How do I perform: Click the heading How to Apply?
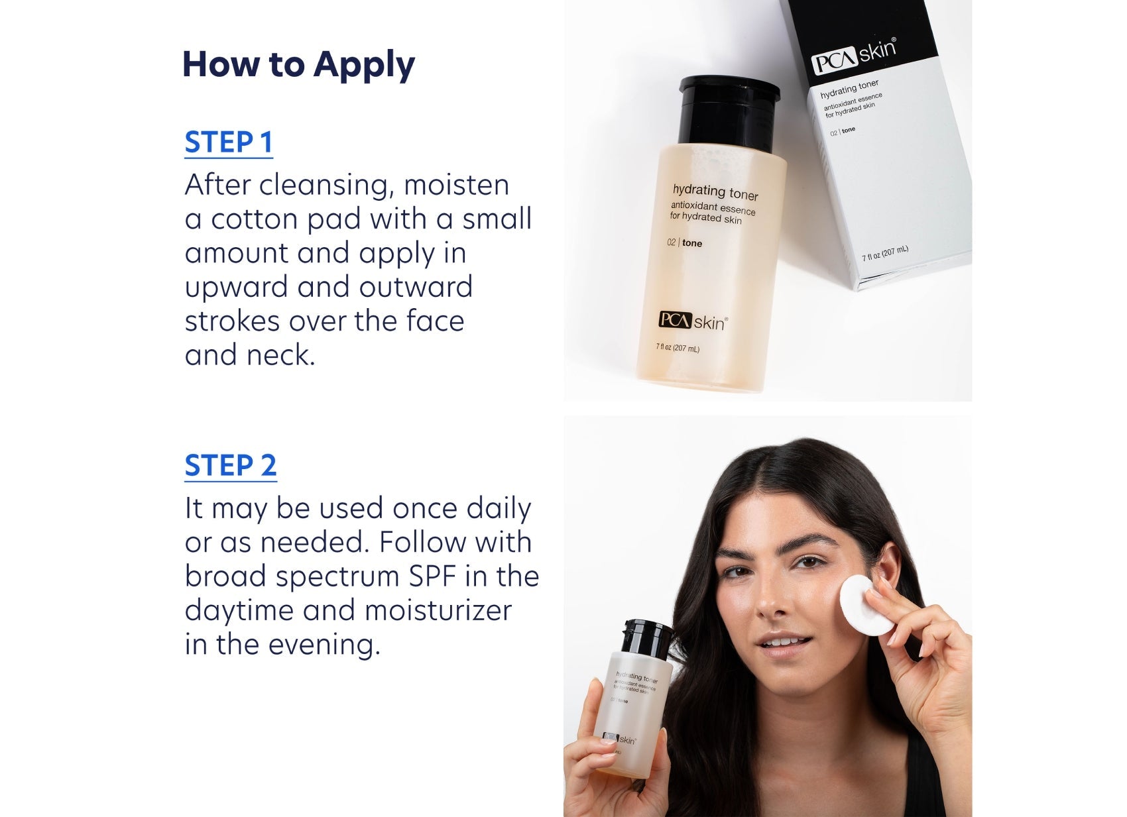click(298, 65)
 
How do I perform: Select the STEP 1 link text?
click(229, 142)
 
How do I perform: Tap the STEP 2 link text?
click(231, 465)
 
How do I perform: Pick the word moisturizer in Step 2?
click(438, 610)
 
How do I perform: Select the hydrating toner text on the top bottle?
click(715, 192)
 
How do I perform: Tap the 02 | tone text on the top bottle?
click(685, 243)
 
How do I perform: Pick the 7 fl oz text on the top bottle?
click(677, 348)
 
